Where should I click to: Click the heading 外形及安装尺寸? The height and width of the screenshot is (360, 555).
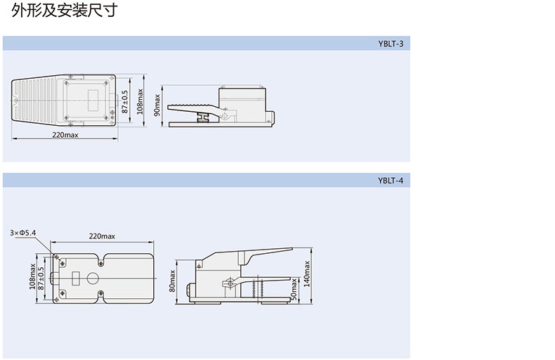(x=65, y=11)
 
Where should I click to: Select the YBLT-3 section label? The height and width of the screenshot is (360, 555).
(x=391, y=44)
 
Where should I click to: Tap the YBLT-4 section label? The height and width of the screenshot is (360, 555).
(x=391, y=181)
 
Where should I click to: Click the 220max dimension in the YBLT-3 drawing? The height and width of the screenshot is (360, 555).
(x=65, y=134)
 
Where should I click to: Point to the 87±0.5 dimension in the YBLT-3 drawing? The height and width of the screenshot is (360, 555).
(x=125, y=102)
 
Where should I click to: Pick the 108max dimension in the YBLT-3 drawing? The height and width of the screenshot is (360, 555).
(x=141, y=101)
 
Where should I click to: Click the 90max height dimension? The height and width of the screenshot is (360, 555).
(x=157, y=105)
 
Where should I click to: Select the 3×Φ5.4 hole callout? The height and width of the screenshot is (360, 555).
(x=23, y=233)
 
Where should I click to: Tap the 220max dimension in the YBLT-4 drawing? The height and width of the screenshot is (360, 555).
(x=102, y=236)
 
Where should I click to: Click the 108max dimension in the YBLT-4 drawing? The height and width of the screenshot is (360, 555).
(x=32, y=276)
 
